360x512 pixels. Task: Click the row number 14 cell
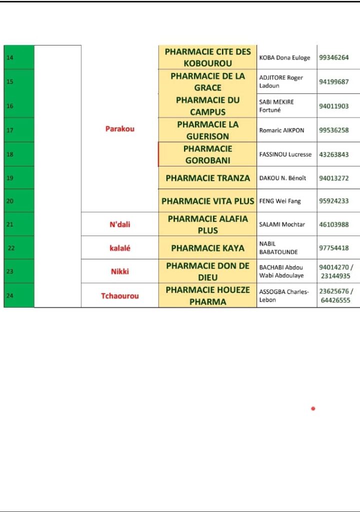point(18,57)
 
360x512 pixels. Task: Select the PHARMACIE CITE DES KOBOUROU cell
point(207,57)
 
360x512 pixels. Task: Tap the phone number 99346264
point(333,57)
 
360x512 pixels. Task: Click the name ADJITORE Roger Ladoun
point(281,81)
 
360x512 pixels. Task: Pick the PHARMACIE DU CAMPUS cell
point(207,106)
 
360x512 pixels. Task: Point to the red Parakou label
point(120,128)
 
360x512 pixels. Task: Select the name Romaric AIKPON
point(281,130)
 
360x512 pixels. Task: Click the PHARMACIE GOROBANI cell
point(207,154)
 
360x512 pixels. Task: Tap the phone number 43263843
point(333,154)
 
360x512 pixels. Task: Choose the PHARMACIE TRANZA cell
point(207,178)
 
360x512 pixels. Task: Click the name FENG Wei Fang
point(280,201)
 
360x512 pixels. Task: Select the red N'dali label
point(120,224)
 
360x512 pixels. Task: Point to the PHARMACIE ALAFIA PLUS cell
point(207,224)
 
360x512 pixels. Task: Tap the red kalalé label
point(120,248)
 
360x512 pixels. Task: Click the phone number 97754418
point(333,248)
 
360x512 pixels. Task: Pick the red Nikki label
point(120,271)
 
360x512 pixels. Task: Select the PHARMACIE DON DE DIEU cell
point(207,271)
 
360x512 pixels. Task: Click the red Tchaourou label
point(120,295)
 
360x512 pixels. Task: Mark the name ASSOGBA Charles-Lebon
point(284,295)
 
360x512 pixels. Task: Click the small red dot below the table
point(313,408)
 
